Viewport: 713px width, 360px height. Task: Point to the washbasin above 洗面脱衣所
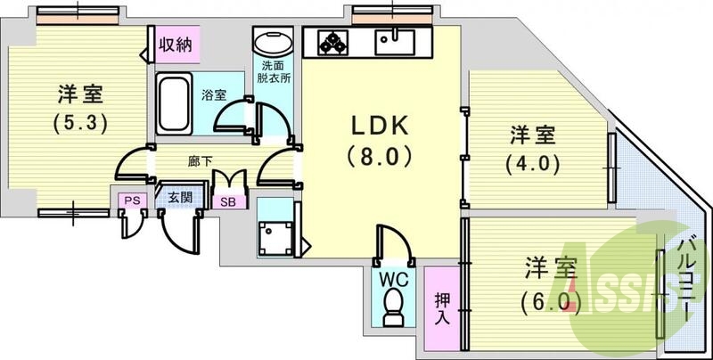(x=272, y=44)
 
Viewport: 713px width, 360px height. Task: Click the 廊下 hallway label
(x=200, y=161)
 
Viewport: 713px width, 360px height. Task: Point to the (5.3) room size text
(x=79, y=122)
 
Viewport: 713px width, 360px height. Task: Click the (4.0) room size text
(x=534, y=164)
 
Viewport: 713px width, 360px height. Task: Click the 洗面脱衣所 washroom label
(x=275, y=72)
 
